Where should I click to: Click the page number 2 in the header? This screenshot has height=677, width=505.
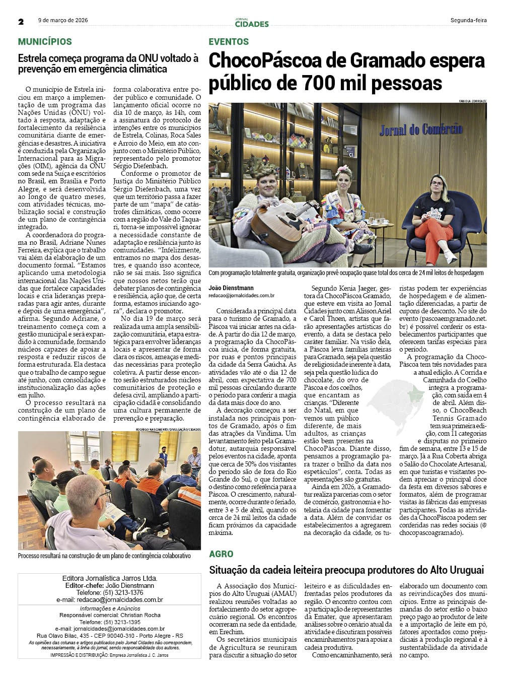click(21, 22)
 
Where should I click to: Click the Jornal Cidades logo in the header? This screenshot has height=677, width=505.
click(252, 23)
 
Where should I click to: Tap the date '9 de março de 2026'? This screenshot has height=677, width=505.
click(63, 21)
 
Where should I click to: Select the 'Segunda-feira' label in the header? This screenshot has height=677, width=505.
click(468, 21)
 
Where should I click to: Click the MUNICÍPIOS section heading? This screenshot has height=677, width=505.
click(45, 42)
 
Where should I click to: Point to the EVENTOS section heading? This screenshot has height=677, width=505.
click(229, 42)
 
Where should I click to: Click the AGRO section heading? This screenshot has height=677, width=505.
click(221, 554)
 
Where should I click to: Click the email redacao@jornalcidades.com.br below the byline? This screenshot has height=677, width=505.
click(242, 296)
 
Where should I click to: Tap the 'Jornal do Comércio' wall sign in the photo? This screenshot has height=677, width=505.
click(421, 130)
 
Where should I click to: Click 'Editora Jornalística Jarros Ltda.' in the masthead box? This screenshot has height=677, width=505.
click(109, 578)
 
